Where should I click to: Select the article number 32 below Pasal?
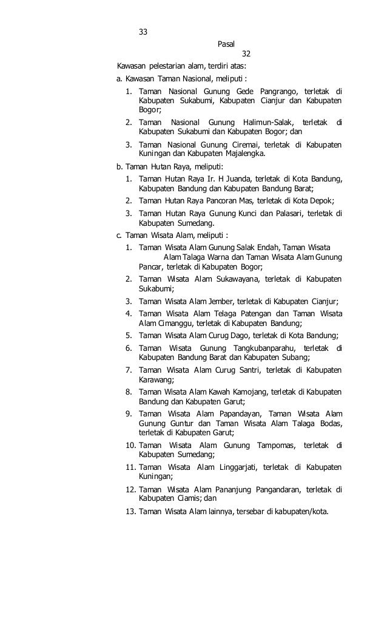click(x=246, y=54)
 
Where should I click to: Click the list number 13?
click(x=130, y=511)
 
